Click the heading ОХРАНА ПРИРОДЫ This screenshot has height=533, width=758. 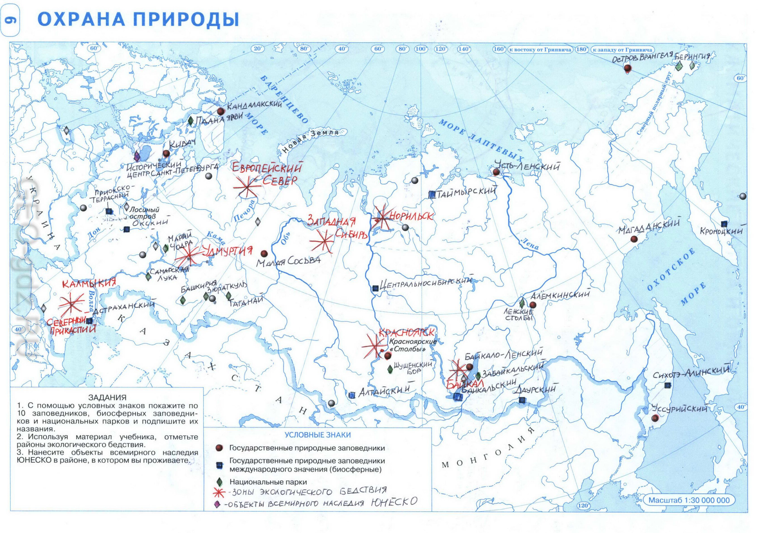click(138, 20)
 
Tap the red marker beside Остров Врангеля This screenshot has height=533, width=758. click(627, 68)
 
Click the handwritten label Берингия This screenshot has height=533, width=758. click(693, 57)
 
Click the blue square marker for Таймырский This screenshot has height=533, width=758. click(431, 195)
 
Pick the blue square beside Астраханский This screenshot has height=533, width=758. click(89, 321)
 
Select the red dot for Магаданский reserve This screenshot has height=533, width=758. click(633, 239)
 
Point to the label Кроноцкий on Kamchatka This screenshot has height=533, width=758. click(721, 231)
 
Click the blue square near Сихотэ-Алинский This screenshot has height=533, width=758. click(667, 385)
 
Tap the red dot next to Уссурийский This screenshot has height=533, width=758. click(654, 418)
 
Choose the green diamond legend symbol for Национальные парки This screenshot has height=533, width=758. click(218, 482)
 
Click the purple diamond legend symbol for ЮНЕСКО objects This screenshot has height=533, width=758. click(217, 505)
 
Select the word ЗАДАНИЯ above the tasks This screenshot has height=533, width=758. click(107, 397)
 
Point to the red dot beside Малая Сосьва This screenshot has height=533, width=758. click(264, 253)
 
